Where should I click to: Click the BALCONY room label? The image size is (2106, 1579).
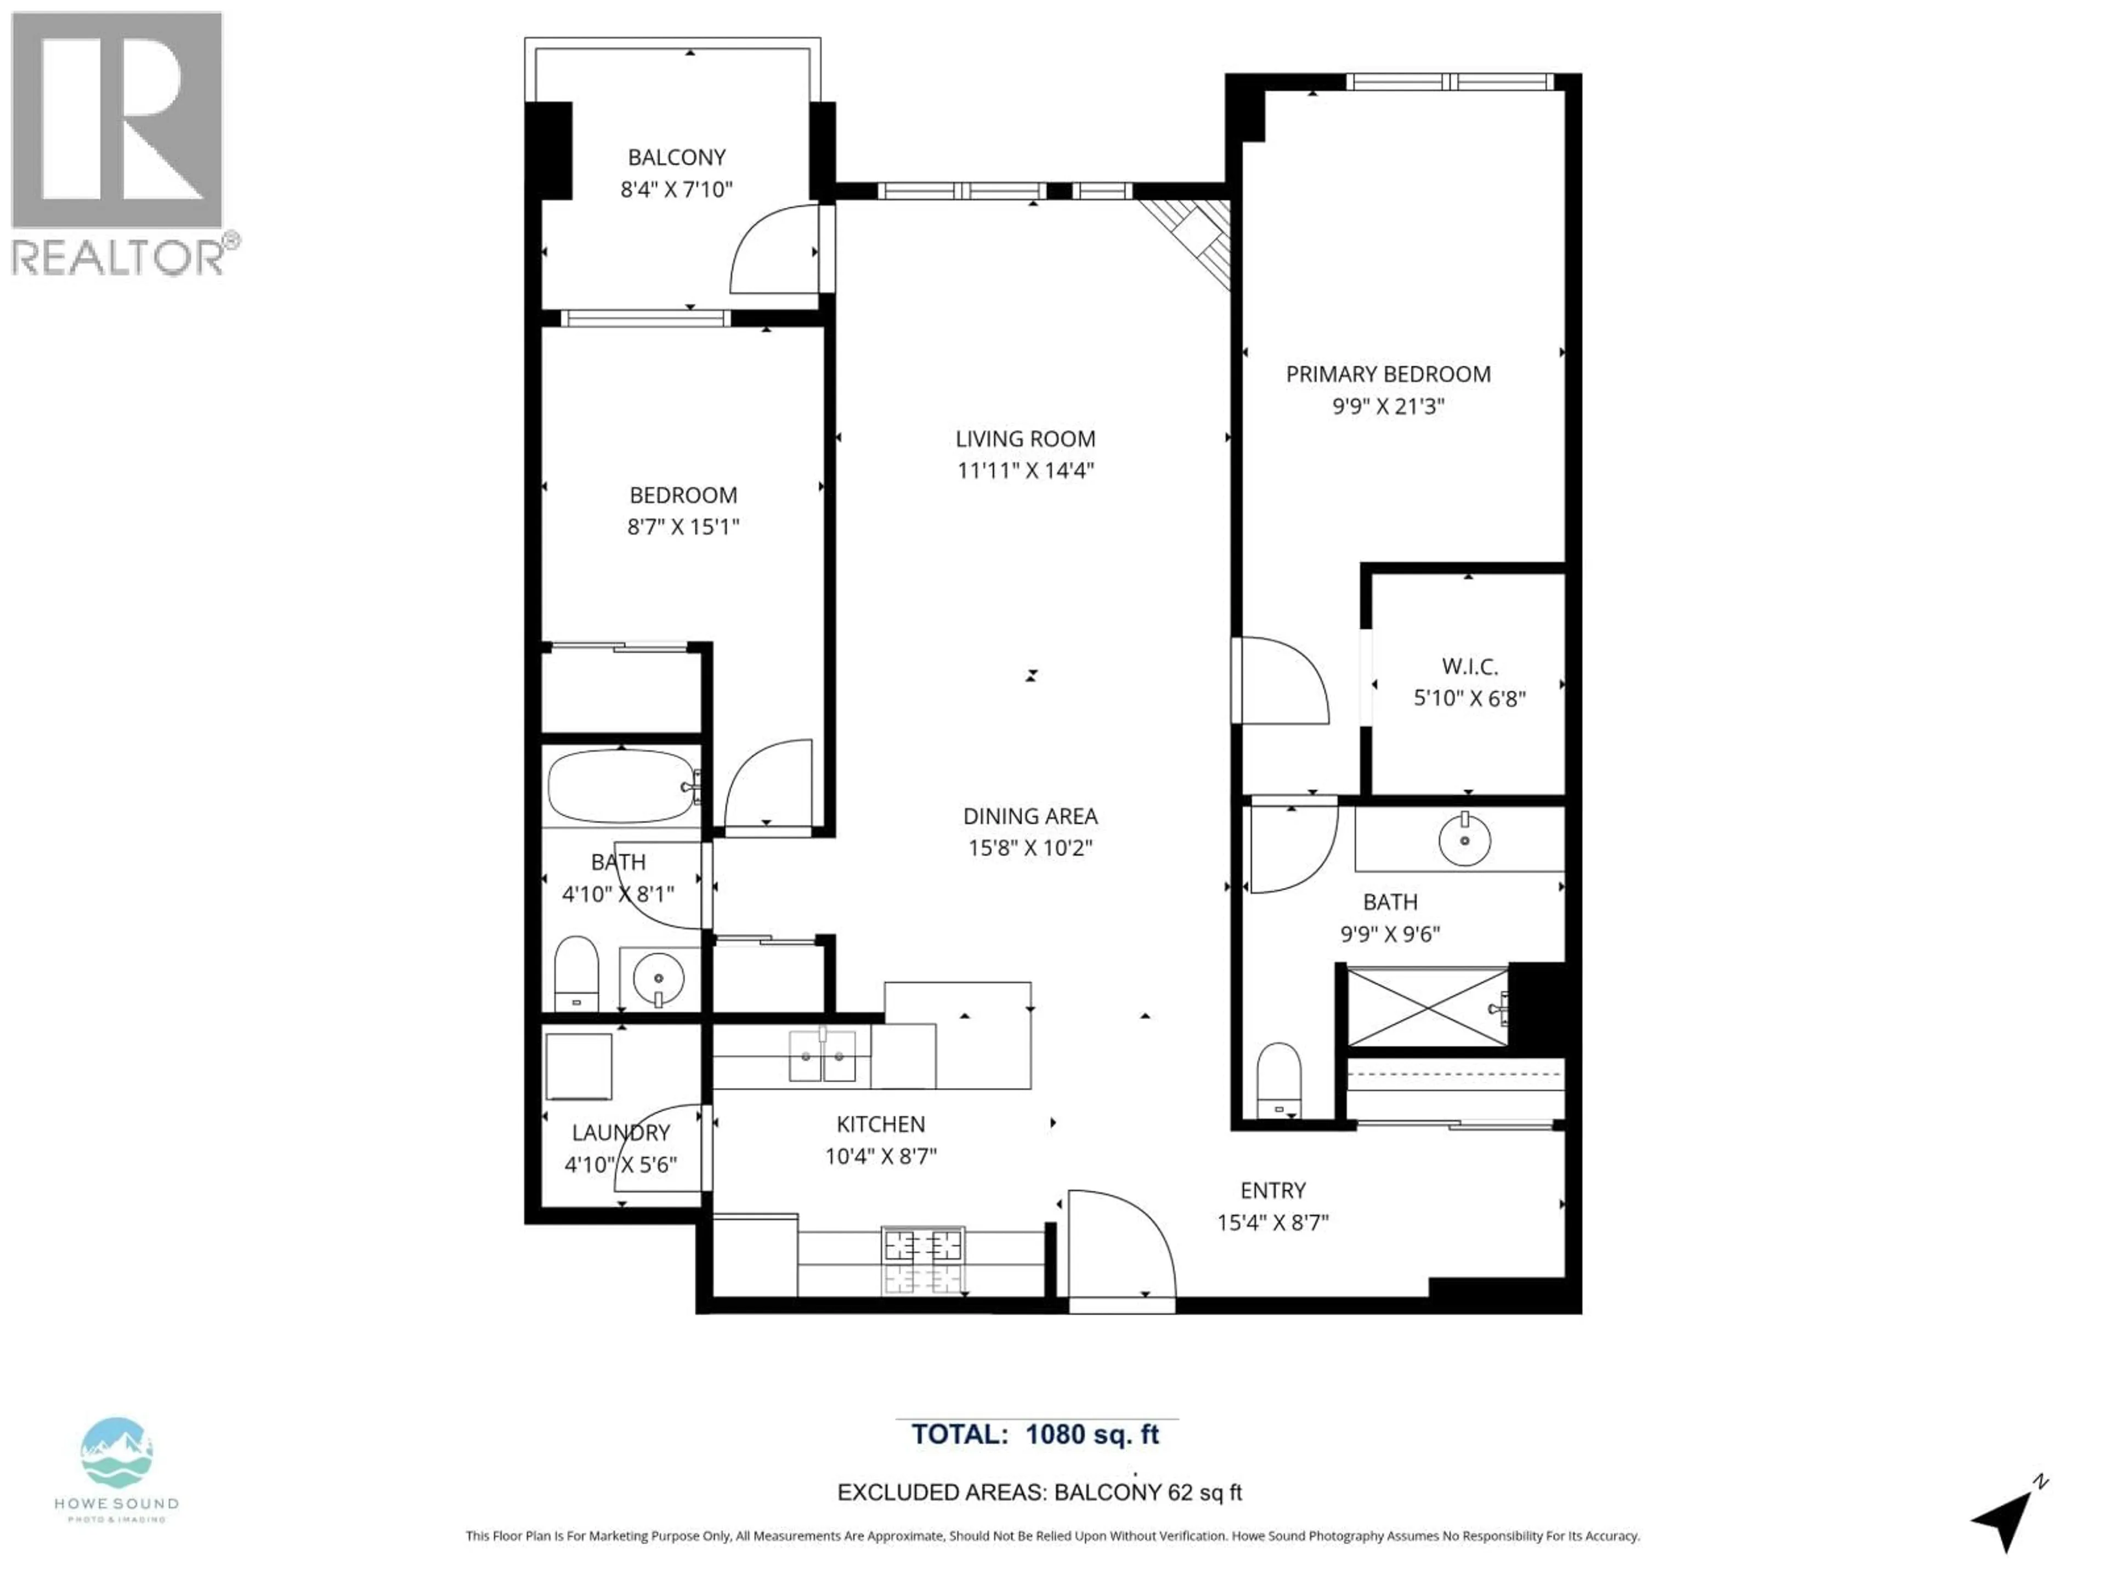coord(676,157)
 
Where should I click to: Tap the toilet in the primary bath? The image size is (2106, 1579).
coord(1278,1080)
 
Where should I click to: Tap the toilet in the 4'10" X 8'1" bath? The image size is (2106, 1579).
coord(575,973)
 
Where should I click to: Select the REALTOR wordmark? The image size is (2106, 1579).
coord(119,257)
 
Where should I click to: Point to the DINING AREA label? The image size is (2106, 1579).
coord(1030,816)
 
